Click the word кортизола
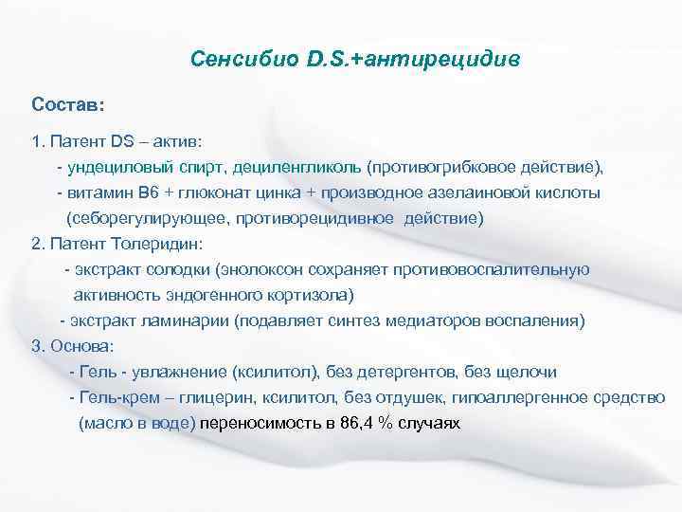click(x=301, y=295)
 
